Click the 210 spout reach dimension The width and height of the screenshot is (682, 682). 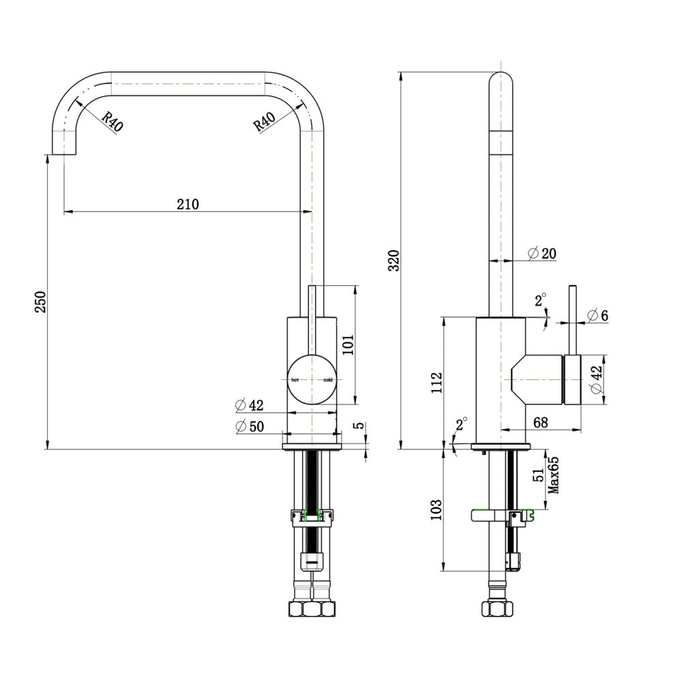point(188,204)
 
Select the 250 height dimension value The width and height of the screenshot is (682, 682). point(40,302)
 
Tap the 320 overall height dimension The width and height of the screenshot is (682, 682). point(394,261)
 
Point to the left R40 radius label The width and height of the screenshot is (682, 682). point(113,121)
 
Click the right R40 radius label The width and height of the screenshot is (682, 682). point(264,122)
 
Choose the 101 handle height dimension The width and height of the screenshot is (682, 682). point(348,344)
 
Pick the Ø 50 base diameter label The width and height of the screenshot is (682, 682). point(250,426)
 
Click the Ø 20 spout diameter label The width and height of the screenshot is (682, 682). point(542,253)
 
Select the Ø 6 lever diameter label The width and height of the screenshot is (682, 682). point(597,315)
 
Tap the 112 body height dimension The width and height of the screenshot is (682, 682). point(436,383)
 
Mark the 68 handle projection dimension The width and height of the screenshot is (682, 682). point(540,422)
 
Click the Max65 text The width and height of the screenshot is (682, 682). point(553,475)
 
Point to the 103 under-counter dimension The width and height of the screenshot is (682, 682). point(436,509)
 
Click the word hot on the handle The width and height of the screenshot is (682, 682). point(295,380)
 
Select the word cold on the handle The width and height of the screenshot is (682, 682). point(328,380)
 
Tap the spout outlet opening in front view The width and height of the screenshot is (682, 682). point(64,154)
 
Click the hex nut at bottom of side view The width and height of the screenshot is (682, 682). point(497,608)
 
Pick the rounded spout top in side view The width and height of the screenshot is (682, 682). point(501,79)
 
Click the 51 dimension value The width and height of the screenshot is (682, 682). point(539,475)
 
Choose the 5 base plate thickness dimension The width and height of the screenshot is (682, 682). point(359,426)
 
